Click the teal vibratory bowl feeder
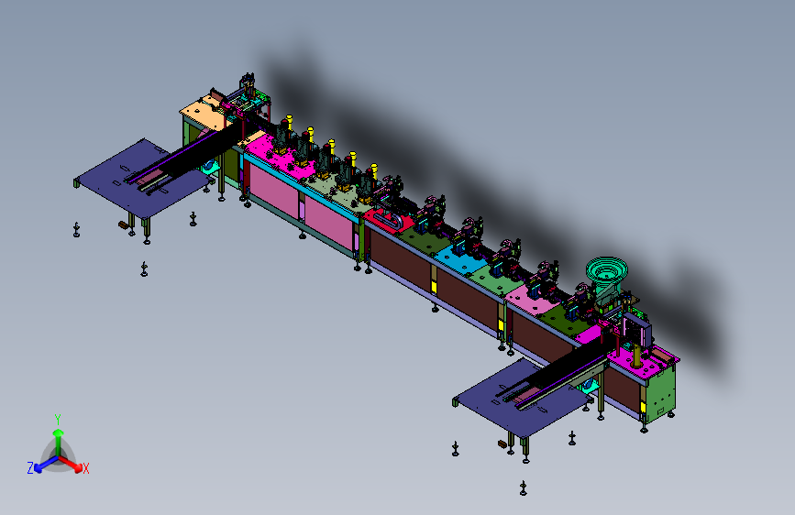coord(607,270)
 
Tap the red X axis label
coord(85,468)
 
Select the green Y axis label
coord(58,420)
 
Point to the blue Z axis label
coord(30,468)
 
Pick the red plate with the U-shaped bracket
coord(385,221)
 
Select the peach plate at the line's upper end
coord(204,112)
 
